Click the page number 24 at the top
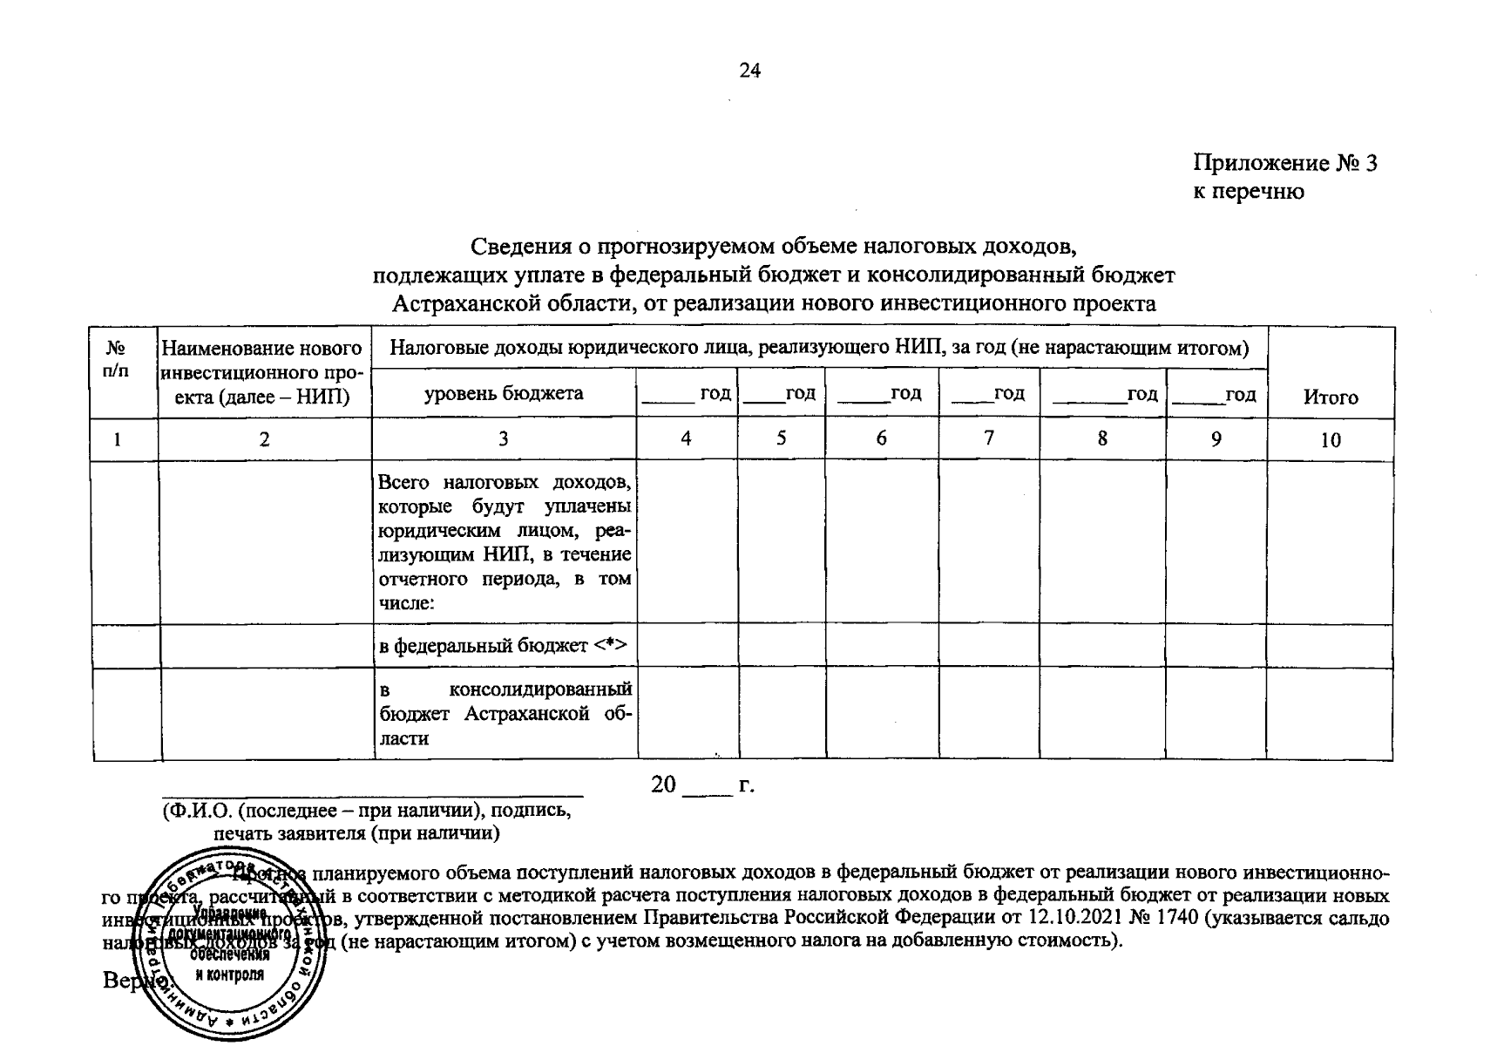click(749, 71)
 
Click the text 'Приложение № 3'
click(1284, 164)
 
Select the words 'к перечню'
click(1248, 192)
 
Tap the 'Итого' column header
click(1330, 397)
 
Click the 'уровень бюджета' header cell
click(504, 393)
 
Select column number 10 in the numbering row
click(1330, 440)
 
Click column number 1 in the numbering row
click(117, 439)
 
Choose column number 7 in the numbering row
click(988, 438)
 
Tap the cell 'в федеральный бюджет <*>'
click(505, 646)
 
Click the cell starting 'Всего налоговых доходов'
click(505, 542)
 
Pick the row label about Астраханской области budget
click(505, 714)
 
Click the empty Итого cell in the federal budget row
click(1330, 646)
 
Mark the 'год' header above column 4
click(687, 394)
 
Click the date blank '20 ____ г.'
click(702, 785)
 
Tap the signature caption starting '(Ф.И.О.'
click(367, 821)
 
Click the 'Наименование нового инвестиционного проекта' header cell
click(263, 372)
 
